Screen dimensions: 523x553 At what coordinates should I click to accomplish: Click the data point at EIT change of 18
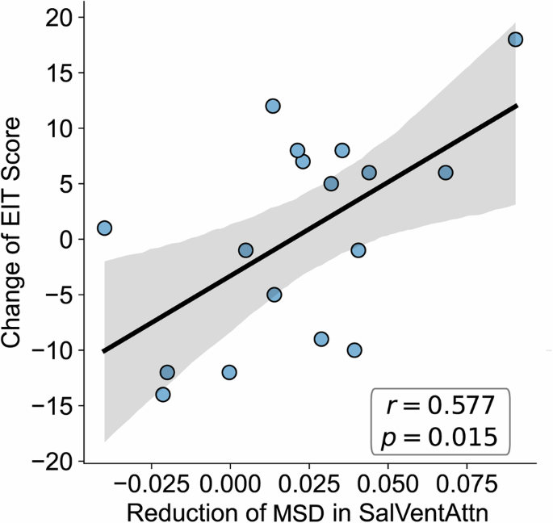coord(516,40)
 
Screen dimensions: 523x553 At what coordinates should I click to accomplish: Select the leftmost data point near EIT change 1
coord(104,228)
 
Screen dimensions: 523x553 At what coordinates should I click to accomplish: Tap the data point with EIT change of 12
coord(273,107)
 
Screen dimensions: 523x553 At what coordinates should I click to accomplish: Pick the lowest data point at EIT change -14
coord(163,395)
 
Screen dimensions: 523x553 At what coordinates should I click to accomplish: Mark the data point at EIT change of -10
coord(354,350)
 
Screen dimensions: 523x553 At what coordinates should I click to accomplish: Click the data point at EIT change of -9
coord(321,339)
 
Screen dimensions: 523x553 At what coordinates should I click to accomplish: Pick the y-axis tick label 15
coord(57,73)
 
